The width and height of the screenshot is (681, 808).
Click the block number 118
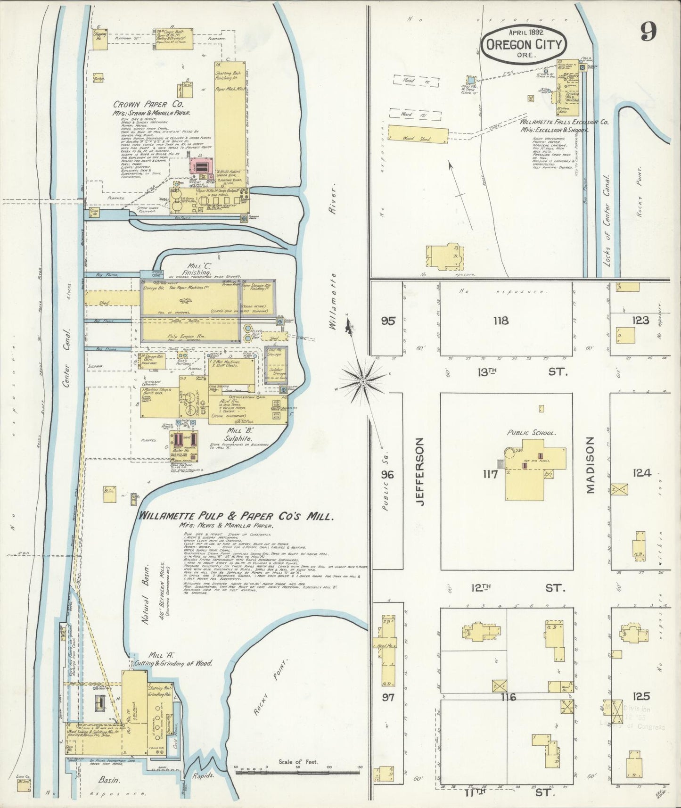pyautogui.click(x=500, y=321)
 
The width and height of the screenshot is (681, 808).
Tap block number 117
pyautogui.click(x=490, y=474)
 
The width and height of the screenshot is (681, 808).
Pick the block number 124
pyautogui.click(x=641, y=473)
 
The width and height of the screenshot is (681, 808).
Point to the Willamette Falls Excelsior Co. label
pyautogui.click(x=564, y=122)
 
